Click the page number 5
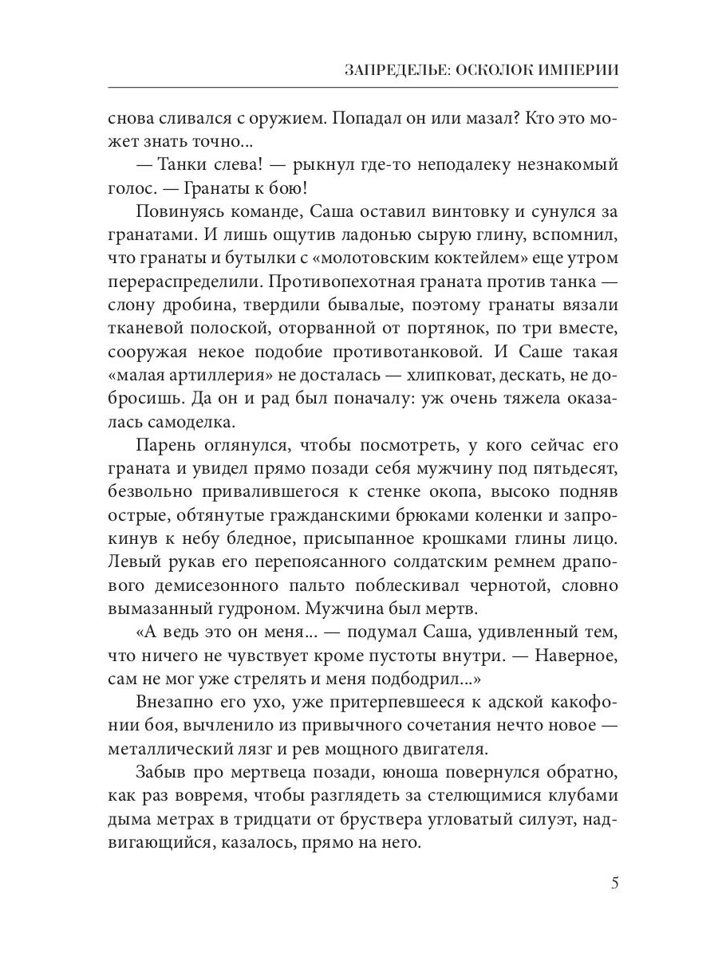(x=613, y=883)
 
